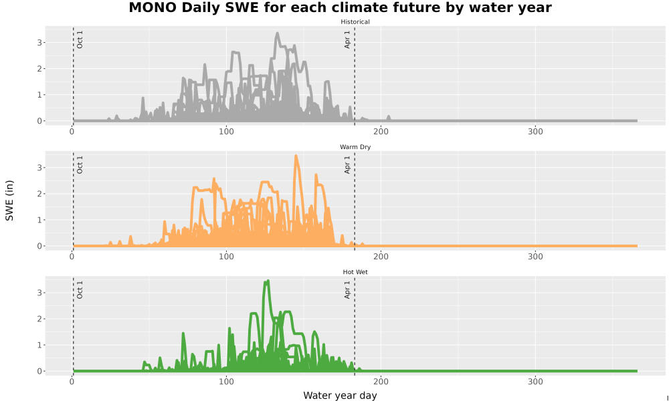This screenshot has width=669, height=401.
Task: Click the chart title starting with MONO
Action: [340, 7]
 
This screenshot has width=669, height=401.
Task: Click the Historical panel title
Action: [355, 22]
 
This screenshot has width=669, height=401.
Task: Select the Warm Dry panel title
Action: [355, 147]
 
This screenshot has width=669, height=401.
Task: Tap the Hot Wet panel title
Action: [355, 272]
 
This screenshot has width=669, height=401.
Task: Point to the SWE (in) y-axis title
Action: [9, 200]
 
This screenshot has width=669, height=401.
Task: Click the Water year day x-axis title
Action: [340, 396]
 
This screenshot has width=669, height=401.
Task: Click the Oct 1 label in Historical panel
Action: [80, 39]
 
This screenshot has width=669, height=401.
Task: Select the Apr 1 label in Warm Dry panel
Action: [347, 164]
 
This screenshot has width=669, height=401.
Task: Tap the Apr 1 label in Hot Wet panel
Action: [347, 290]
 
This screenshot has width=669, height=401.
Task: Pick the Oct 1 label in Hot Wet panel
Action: [80, 290]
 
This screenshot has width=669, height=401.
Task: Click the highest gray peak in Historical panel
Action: [278, 33]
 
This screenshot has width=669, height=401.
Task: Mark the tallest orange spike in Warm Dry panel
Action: [296, 156]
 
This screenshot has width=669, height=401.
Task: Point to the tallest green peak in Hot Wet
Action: [268, 281]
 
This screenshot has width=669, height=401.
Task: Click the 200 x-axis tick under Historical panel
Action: [381, 132]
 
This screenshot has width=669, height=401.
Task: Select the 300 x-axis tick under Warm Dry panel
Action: [535, 257]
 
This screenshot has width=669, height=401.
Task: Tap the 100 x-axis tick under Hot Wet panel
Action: [226, 382]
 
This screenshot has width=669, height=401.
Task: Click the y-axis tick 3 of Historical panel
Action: [39, 43]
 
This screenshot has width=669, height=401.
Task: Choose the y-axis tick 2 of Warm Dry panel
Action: [39, 194]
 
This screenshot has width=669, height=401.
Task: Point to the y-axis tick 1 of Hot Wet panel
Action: [39, 345]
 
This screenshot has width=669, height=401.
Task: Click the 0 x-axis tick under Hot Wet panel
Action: [72, 382]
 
